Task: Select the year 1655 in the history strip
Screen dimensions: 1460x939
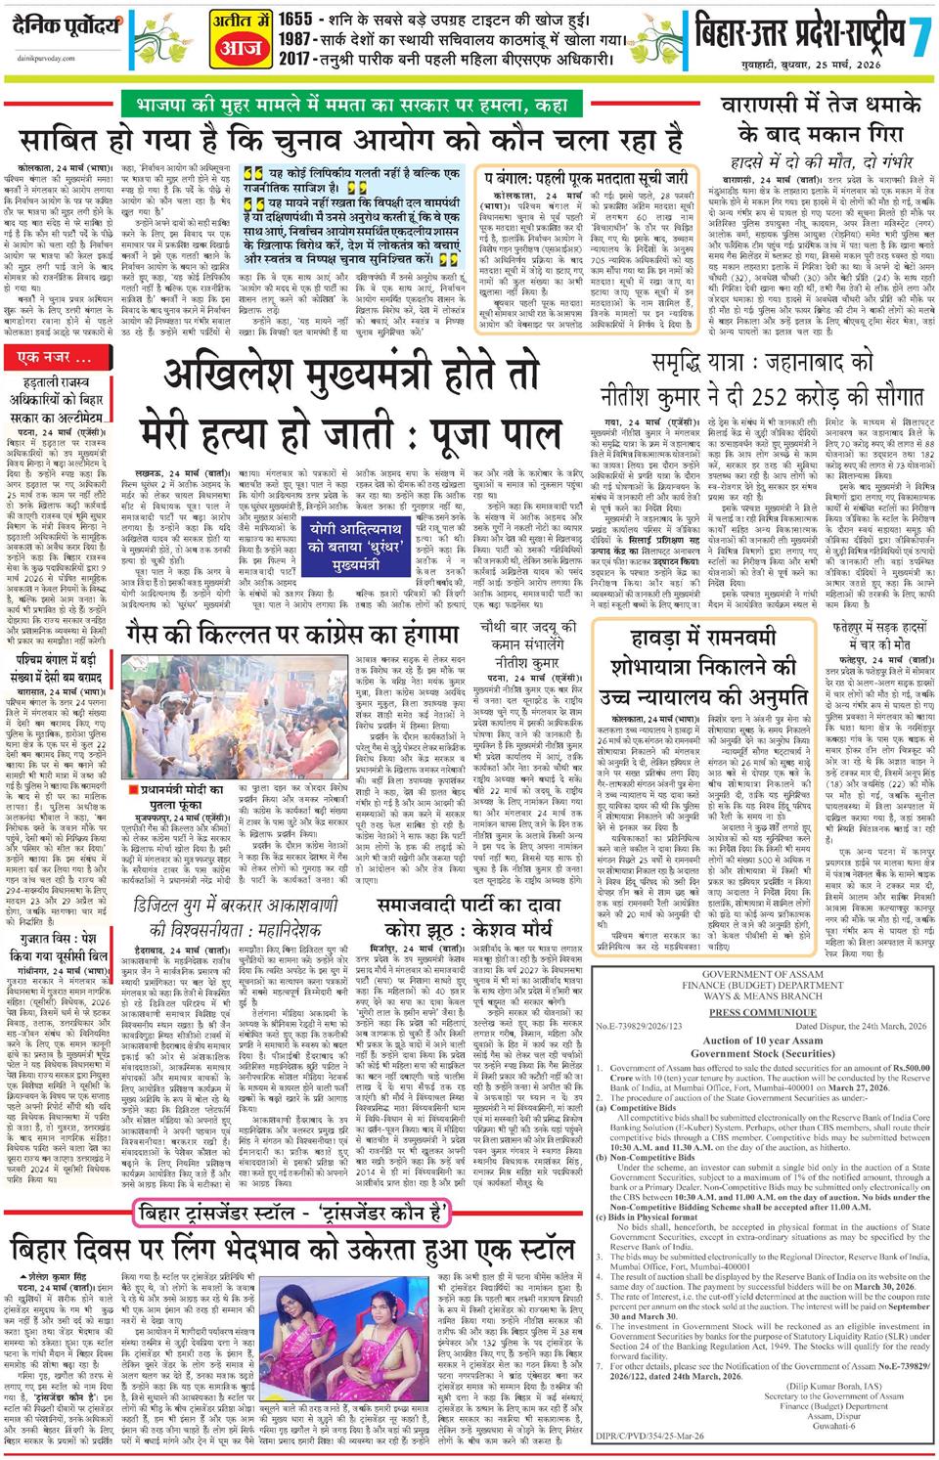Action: point(297,19)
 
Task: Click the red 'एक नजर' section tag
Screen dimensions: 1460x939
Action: point(61,359)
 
